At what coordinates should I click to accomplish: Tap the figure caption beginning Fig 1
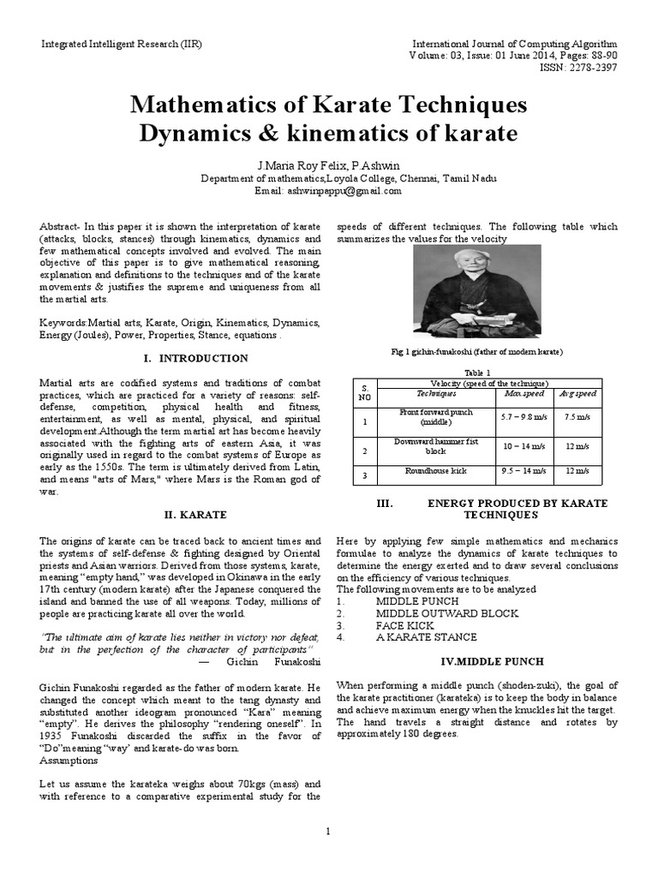click(x=476, y=352)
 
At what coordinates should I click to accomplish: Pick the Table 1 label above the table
click(x=476, y=373)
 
